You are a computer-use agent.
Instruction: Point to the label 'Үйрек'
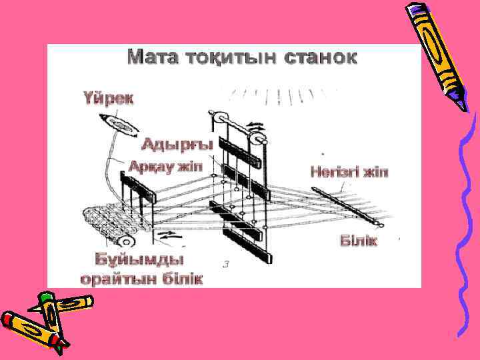pyautogui.click(x=109, y=99)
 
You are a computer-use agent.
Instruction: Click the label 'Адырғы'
pyautogui.click(x=177, y=144)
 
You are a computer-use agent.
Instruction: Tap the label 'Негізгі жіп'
pyautogui.click(x=349, y=172)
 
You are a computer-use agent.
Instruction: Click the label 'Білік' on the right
pyautogui.click(x=359, y=240)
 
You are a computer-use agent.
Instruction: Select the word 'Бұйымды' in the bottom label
pyautogui.click(x=139, y=259)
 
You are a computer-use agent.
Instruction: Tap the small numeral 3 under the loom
pyautogui.click(x=226, y=264)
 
